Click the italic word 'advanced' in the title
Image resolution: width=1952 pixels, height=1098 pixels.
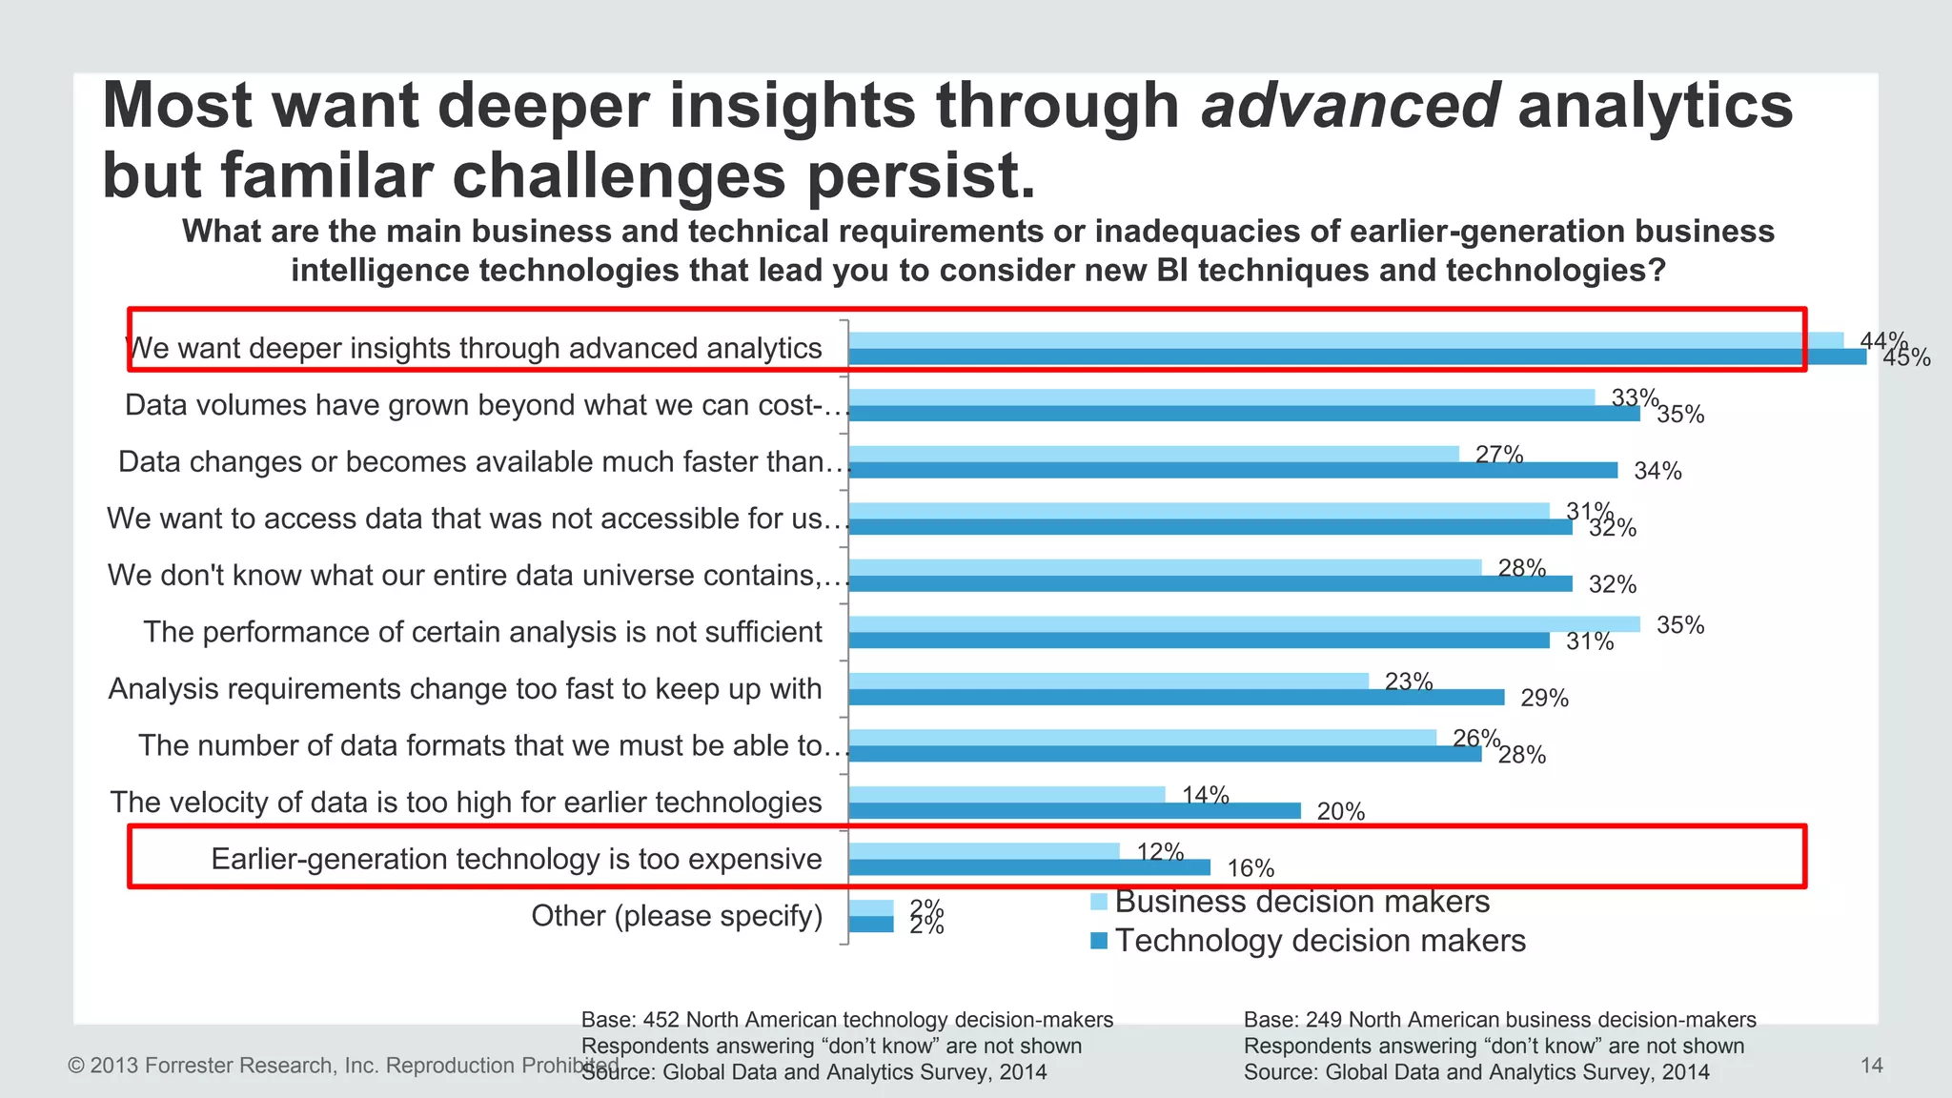pos(1351,105)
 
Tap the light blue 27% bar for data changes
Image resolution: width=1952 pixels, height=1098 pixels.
pos(1153,454)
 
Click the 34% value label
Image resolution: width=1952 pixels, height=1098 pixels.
pos(1657,471)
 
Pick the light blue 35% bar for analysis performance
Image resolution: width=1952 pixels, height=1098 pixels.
pos(1244,624)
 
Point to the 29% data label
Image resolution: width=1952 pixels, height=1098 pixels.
pos(1544,698)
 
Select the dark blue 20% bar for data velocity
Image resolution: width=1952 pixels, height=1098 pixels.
pos(1074,811)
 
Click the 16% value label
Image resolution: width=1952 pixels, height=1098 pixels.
pos(1250,868)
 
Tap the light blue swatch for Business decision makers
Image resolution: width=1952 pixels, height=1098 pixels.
pos(1098,902)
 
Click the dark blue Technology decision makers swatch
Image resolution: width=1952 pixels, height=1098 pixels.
pos(1098,941)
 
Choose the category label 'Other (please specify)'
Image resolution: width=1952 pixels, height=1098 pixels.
pos(677,916)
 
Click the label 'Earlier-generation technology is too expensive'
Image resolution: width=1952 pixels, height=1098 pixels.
pos(516,859)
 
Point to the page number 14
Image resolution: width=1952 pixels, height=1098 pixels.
pos(1871,1066)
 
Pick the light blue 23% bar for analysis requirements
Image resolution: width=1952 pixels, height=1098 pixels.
pos(1108,681)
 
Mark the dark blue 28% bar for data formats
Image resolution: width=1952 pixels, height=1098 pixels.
pos(1165,754)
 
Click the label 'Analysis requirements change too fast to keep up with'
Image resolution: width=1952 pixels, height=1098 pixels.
pos(464,688)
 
